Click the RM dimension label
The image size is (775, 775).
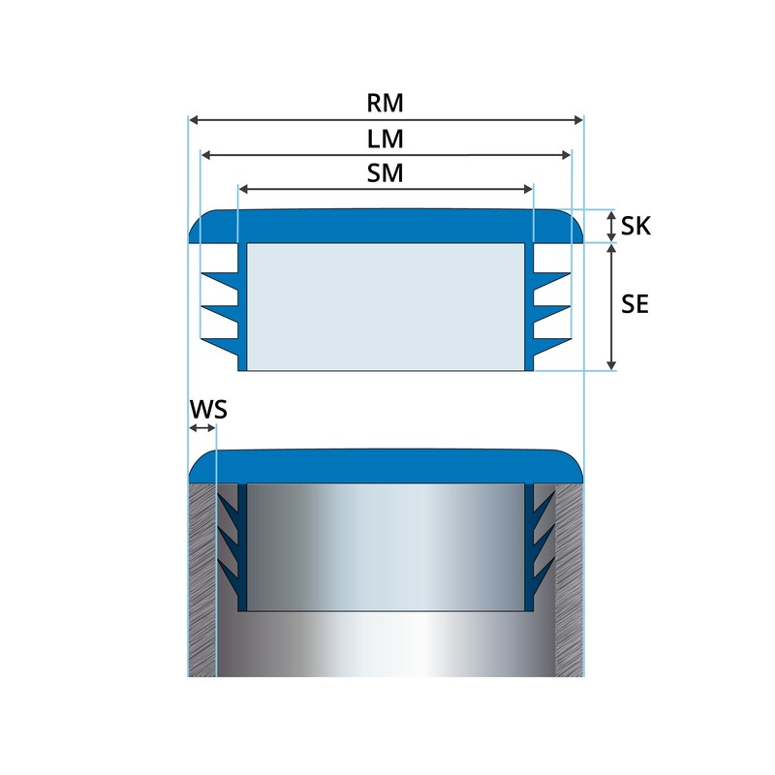(386, 103)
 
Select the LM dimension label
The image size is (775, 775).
(386, 139)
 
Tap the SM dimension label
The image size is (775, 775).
(386, 173)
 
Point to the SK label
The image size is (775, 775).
(636, 227)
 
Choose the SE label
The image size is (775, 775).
(635, 304)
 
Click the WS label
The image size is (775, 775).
(207, 409)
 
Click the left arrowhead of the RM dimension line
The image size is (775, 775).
(193, 120)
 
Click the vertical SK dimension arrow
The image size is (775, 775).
(611, 227)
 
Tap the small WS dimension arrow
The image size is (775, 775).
(201, 427)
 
